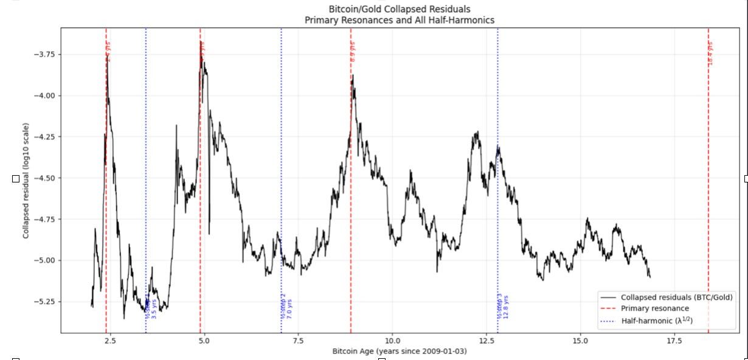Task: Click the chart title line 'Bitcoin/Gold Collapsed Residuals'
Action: pyautogui.click(x=399, y=9)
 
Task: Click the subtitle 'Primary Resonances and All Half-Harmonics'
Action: pyautogui.click(x=399, y=20)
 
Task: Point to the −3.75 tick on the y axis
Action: pyautogui.click(x=43, y=54)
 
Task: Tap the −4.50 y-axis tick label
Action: pyautogui.click(x=43, y=178)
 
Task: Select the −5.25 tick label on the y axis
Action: pyautogui.click(x=43, y=302)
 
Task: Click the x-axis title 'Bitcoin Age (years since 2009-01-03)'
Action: pyautogui.click(x=399, y=351)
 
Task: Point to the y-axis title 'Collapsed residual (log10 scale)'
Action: pyautogui.click(x=26, y=181)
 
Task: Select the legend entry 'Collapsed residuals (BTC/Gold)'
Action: pyautogui.click(x=676, y=297)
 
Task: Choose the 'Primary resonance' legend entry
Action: pyautogui.click(x=654, y=308)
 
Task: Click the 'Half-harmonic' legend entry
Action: pyautogui.click(x=656, y=320)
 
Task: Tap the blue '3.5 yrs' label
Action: pyautogui.click(x=154, y=308)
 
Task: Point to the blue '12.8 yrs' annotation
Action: pyautogui.click(x=506, y=307)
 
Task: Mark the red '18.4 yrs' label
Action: pyautogui.click(x=710, y=54)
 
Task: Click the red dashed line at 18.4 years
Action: pyautogui.click(x=708, y=182)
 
